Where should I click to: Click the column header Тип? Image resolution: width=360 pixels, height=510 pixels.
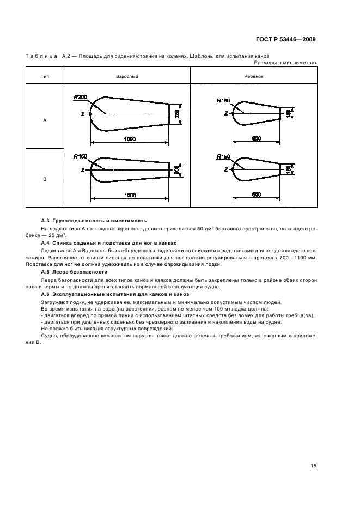(x=45, y=76)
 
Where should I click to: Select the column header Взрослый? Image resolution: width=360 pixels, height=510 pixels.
(x=127, y=76)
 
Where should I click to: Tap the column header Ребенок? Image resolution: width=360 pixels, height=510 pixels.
(x=254, y=76)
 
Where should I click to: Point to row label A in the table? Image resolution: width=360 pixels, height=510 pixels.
(x=45, y=120)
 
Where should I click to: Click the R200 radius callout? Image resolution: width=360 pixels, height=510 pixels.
(x=80, y=97)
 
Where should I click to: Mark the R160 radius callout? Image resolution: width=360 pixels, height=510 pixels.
(x=80, y=156)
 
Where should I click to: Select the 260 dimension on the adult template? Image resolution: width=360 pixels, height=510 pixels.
(x=177, y=114)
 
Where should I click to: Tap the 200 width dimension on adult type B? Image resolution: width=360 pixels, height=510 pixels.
(x=176, y=170)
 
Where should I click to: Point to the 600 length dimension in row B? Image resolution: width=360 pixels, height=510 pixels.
(x=256, y=194)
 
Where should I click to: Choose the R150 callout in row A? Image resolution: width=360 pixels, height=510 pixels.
(x=223, y=100)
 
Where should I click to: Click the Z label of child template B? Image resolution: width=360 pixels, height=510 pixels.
(x=225, y=170)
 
